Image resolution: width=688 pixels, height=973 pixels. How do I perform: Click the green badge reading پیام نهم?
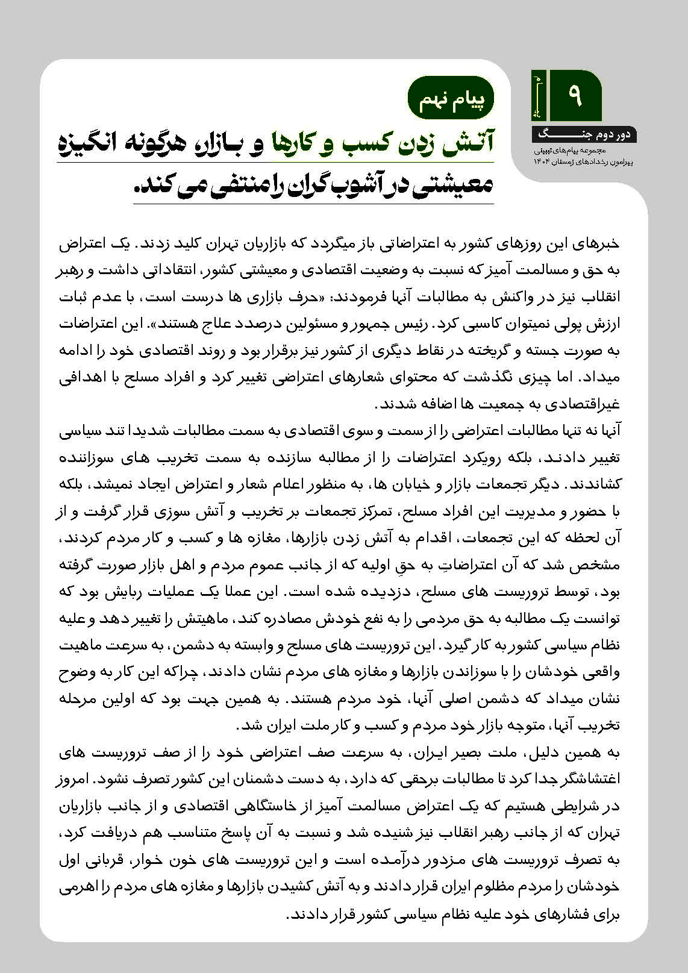451,99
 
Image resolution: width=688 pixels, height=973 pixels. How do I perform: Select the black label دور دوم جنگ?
583,134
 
